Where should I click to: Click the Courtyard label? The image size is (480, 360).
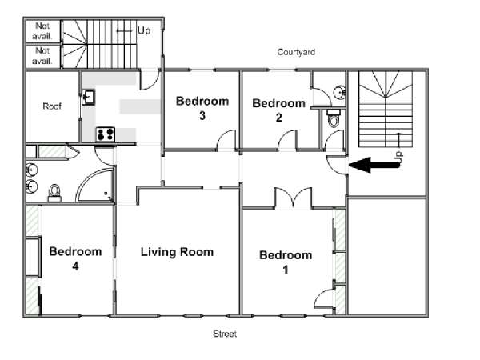(296, 52)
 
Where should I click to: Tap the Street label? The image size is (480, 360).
(225, 334)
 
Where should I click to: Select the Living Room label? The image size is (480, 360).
(177, 252)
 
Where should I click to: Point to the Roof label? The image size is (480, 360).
(52, 106)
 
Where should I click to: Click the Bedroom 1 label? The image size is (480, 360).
(286, 262)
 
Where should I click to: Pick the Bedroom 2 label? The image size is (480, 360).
(279, 110)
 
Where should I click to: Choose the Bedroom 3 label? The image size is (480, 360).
(202, 108)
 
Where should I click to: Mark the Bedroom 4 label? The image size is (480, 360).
(75, 258)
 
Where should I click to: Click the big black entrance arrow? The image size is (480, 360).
(374, 165)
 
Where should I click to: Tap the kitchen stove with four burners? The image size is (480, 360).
(106, 134)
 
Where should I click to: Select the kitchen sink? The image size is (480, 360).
(89, 97)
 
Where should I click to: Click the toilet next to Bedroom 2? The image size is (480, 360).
(334, 118)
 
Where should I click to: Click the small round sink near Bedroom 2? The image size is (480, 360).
(339, 92)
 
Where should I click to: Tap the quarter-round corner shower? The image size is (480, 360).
(95, 186)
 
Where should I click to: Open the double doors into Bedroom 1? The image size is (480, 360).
(293, 198)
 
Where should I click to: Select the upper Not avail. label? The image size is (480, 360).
(42, 31)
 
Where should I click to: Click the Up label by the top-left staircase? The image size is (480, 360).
(144, 30)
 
